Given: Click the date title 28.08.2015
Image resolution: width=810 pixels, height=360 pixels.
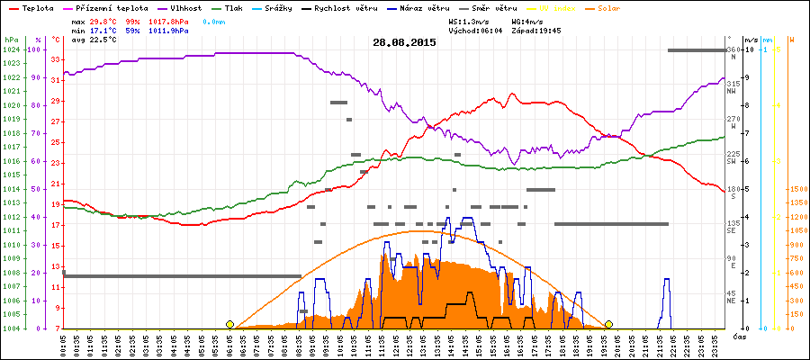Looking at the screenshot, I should (404, 41).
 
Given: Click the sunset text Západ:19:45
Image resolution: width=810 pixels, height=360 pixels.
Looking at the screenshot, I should (535, 30).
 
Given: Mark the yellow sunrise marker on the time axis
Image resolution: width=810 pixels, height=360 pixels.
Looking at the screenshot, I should (229, 324).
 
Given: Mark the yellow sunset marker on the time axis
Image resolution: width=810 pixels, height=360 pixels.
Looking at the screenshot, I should (609, 324).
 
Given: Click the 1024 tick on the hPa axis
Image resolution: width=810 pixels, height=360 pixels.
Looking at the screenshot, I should (11, 49).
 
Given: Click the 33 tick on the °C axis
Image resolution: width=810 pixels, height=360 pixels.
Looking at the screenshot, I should (56, 59).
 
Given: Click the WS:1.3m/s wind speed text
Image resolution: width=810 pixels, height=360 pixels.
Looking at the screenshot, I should (469, 21).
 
